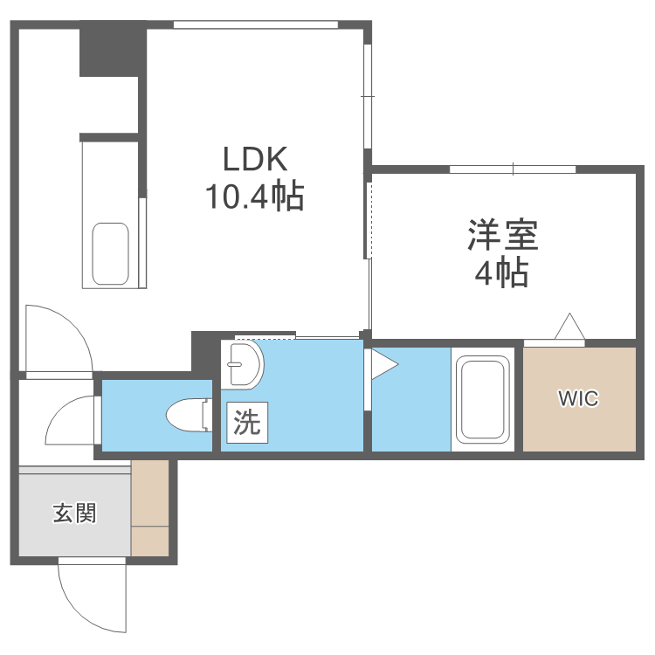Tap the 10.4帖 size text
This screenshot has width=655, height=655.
click(254, 197)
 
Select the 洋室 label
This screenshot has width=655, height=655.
click(501, 235)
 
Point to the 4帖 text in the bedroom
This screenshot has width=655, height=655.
click(501, 274)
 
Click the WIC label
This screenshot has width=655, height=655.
click(578, 399)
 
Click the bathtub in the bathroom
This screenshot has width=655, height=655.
click(481, 399)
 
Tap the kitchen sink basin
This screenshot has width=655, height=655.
click(111, 253)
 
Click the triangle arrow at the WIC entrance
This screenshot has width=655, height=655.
click(569, 327)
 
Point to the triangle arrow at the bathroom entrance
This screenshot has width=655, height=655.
click(383, 363)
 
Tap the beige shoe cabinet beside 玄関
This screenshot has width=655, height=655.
click(149, 507)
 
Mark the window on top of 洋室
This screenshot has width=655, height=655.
click(514, 169)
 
